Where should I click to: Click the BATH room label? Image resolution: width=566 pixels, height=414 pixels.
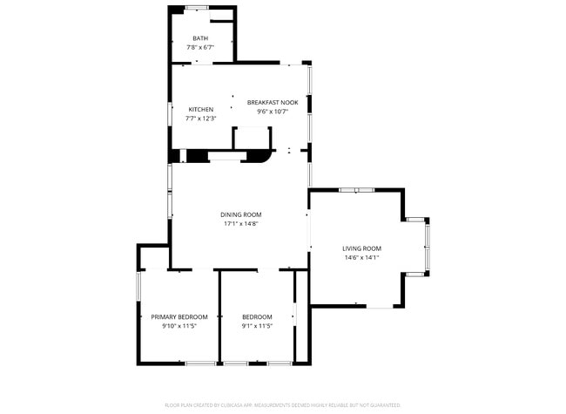tap(200, 38)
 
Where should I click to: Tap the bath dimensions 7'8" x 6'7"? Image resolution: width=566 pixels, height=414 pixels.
tap(200, 47)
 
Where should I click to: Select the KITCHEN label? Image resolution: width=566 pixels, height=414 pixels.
tap(200, 110)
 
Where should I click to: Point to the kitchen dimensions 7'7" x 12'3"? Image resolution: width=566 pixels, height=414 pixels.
tap(200, 119)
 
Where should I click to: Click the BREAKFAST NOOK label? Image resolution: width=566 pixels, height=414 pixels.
tap(273, 103)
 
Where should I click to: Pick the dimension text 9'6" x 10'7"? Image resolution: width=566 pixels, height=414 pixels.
tap(273, 112)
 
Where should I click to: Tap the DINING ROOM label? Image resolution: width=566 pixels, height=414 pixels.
tap(240, 214)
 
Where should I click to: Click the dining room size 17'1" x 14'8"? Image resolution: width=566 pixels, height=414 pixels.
tap(240, 224)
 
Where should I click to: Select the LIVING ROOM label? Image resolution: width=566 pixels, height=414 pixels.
tap(361, 248)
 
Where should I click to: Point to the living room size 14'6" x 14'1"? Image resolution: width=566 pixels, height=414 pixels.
tap(361, 257)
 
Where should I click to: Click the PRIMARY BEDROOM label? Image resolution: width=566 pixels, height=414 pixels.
tap(179, 316)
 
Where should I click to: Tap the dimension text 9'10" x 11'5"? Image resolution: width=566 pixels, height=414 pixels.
tap(179, 326)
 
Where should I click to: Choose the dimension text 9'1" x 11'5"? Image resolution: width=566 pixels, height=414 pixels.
tap(257, 326)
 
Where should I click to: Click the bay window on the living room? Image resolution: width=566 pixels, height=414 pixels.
tap(427, 246)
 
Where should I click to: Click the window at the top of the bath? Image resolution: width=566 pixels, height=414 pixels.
tap(196, 8)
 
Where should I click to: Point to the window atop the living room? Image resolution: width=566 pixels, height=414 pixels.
tap(356, 190)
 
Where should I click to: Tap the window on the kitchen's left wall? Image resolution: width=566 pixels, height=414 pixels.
tap(170, 112)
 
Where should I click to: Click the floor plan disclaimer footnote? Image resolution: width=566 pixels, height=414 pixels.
tap(282, 405)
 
